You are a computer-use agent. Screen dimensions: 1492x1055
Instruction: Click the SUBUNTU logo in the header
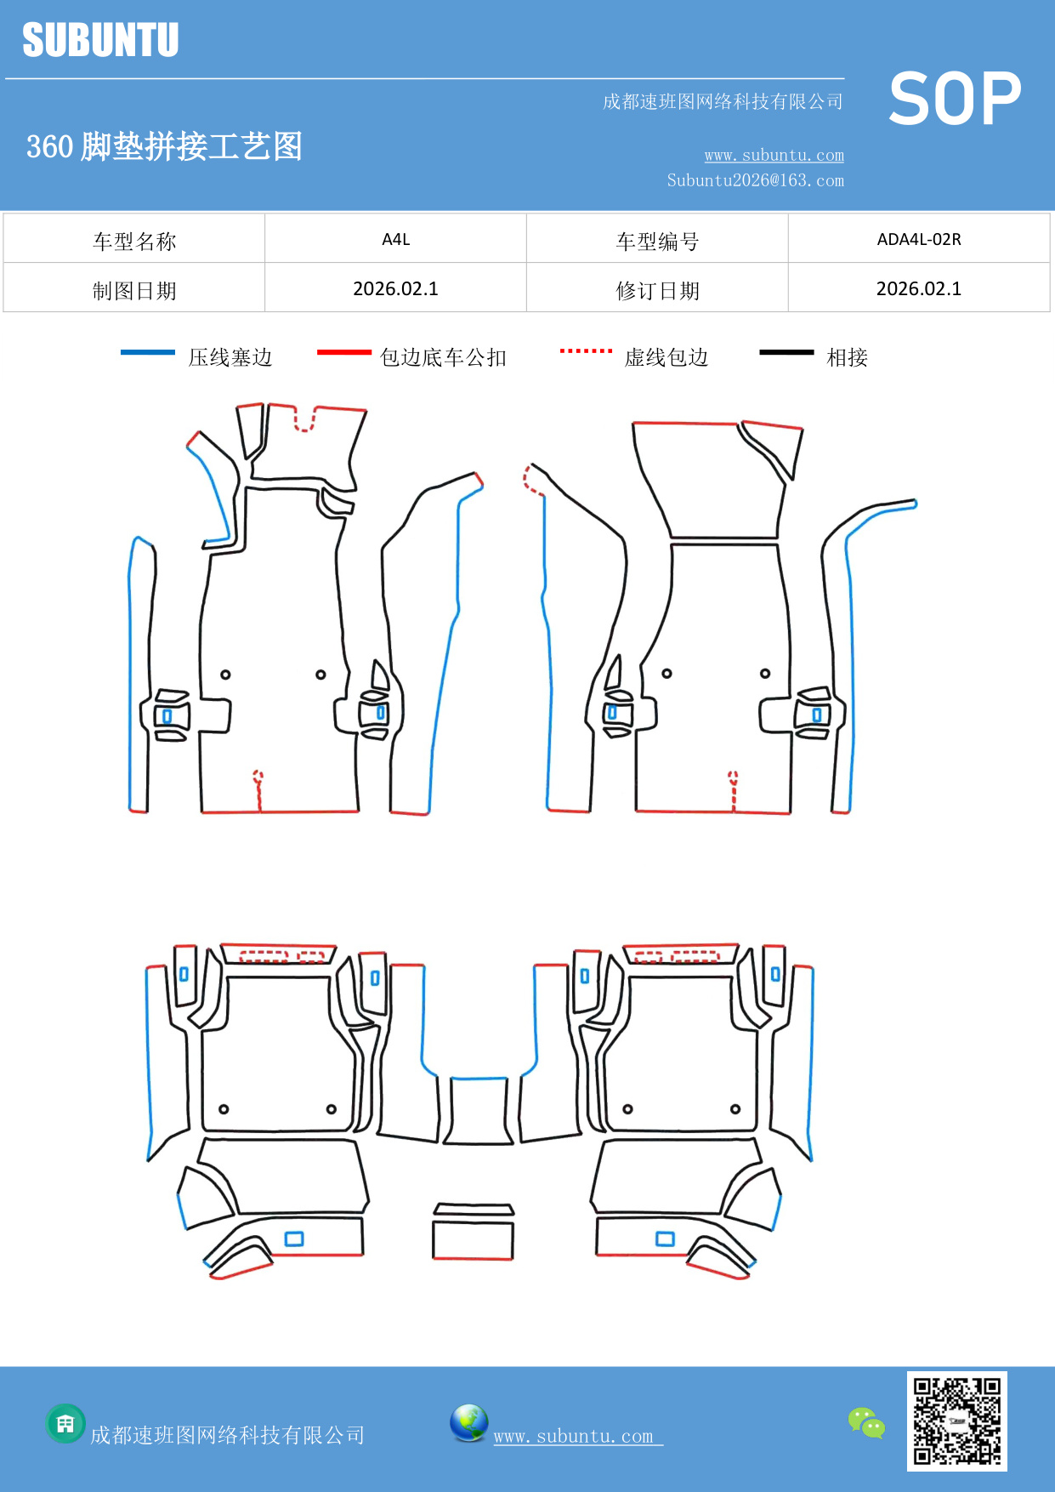100,40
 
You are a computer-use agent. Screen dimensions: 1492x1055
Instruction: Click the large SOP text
954,100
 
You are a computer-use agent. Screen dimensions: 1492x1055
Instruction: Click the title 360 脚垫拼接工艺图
164,146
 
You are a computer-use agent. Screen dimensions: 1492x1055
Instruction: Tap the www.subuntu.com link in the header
774,155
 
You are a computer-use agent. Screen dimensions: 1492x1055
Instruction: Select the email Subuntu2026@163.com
755,180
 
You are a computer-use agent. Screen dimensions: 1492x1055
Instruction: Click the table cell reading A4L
395,239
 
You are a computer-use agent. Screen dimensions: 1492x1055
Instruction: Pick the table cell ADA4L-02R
918,239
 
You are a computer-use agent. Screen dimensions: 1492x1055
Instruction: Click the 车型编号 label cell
657,241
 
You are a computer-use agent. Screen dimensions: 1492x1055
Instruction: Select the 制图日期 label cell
134,290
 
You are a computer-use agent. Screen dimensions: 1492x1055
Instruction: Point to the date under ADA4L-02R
918,288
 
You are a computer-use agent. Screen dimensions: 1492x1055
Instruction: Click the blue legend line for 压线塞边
148,352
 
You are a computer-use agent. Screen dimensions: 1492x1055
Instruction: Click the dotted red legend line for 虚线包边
586,350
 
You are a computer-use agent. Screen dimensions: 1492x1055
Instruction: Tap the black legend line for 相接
786,352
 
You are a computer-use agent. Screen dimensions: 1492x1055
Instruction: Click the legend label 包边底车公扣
443,357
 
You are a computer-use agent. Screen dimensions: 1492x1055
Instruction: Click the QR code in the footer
956,1421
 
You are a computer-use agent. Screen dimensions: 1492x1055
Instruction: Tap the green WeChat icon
866,1422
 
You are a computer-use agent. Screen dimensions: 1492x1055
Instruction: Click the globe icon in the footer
468,1423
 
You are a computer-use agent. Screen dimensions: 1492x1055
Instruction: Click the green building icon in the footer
65,1423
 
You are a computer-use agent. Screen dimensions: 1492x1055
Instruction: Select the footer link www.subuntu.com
574,1436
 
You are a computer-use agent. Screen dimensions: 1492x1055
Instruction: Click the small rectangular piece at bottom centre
473,1239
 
